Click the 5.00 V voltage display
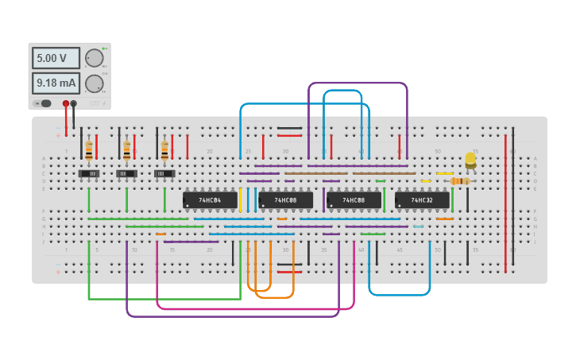tap(56, 58)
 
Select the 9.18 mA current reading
tap(56, 83)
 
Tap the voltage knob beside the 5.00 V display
tap(94, 58)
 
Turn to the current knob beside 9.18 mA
tap(94, 83)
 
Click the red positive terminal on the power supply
tap(66, 103)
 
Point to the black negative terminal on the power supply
tap(74, 103)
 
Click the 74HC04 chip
tap(210, 200)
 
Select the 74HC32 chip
tap(422, 200)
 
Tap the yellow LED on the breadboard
tap(470, 160)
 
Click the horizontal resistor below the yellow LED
tap(459, 181)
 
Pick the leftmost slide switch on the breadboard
tap(89, 173)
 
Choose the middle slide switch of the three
tap(127, 173)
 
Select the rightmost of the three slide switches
tap(164, 173)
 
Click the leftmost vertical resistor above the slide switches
tap(89, 149)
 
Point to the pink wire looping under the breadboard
tap(254, 308)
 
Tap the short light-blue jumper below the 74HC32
tap(418, 226)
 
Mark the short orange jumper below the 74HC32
tap(444, 219)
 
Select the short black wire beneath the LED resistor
tap(467, 199)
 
